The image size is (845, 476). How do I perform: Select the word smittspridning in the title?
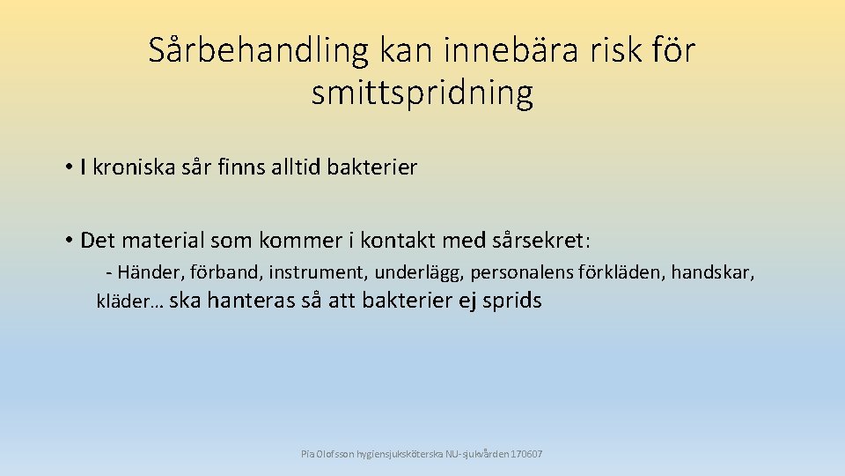pos(422,93)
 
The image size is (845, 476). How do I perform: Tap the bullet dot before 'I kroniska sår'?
pos(68,167)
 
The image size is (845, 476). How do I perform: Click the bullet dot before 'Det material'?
pos(68,240)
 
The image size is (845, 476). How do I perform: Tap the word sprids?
pos(512,301)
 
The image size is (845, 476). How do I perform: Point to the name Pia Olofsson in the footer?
pos(327,454)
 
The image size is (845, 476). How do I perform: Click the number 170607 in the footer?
pos(526,454)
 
